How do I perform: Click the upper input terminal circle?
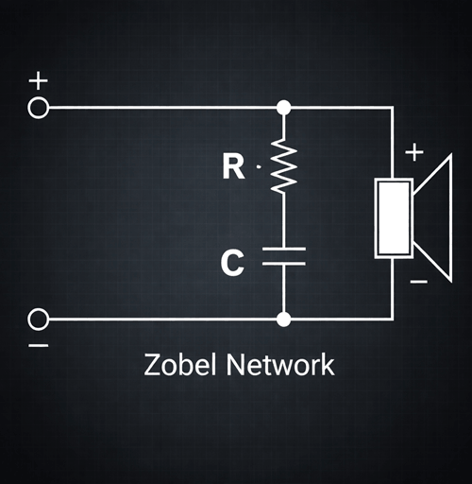(39, 107)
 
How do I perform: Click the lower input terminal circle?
(39, 320)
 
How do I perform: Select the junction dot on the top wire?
(283, 107)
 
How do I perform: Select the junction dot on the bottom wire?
(283, 320)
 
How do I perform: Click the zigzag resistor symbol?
(283, 166)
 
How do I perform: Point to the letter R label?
(233, 167)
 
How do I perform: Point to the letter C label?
(232, 263)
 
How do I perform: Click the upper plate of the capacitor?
(283, 250)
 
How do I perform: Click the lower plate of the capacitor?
(283, 265)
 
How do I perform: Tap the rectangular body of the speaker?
(393, 217)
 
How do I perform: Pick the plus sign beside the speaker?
(414, 152)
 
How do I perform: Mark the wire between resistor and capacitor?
(283, 220)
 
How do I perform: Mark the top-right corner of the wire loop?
(392, 107)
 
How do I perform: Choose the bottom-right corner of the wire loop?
(392, 320)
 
